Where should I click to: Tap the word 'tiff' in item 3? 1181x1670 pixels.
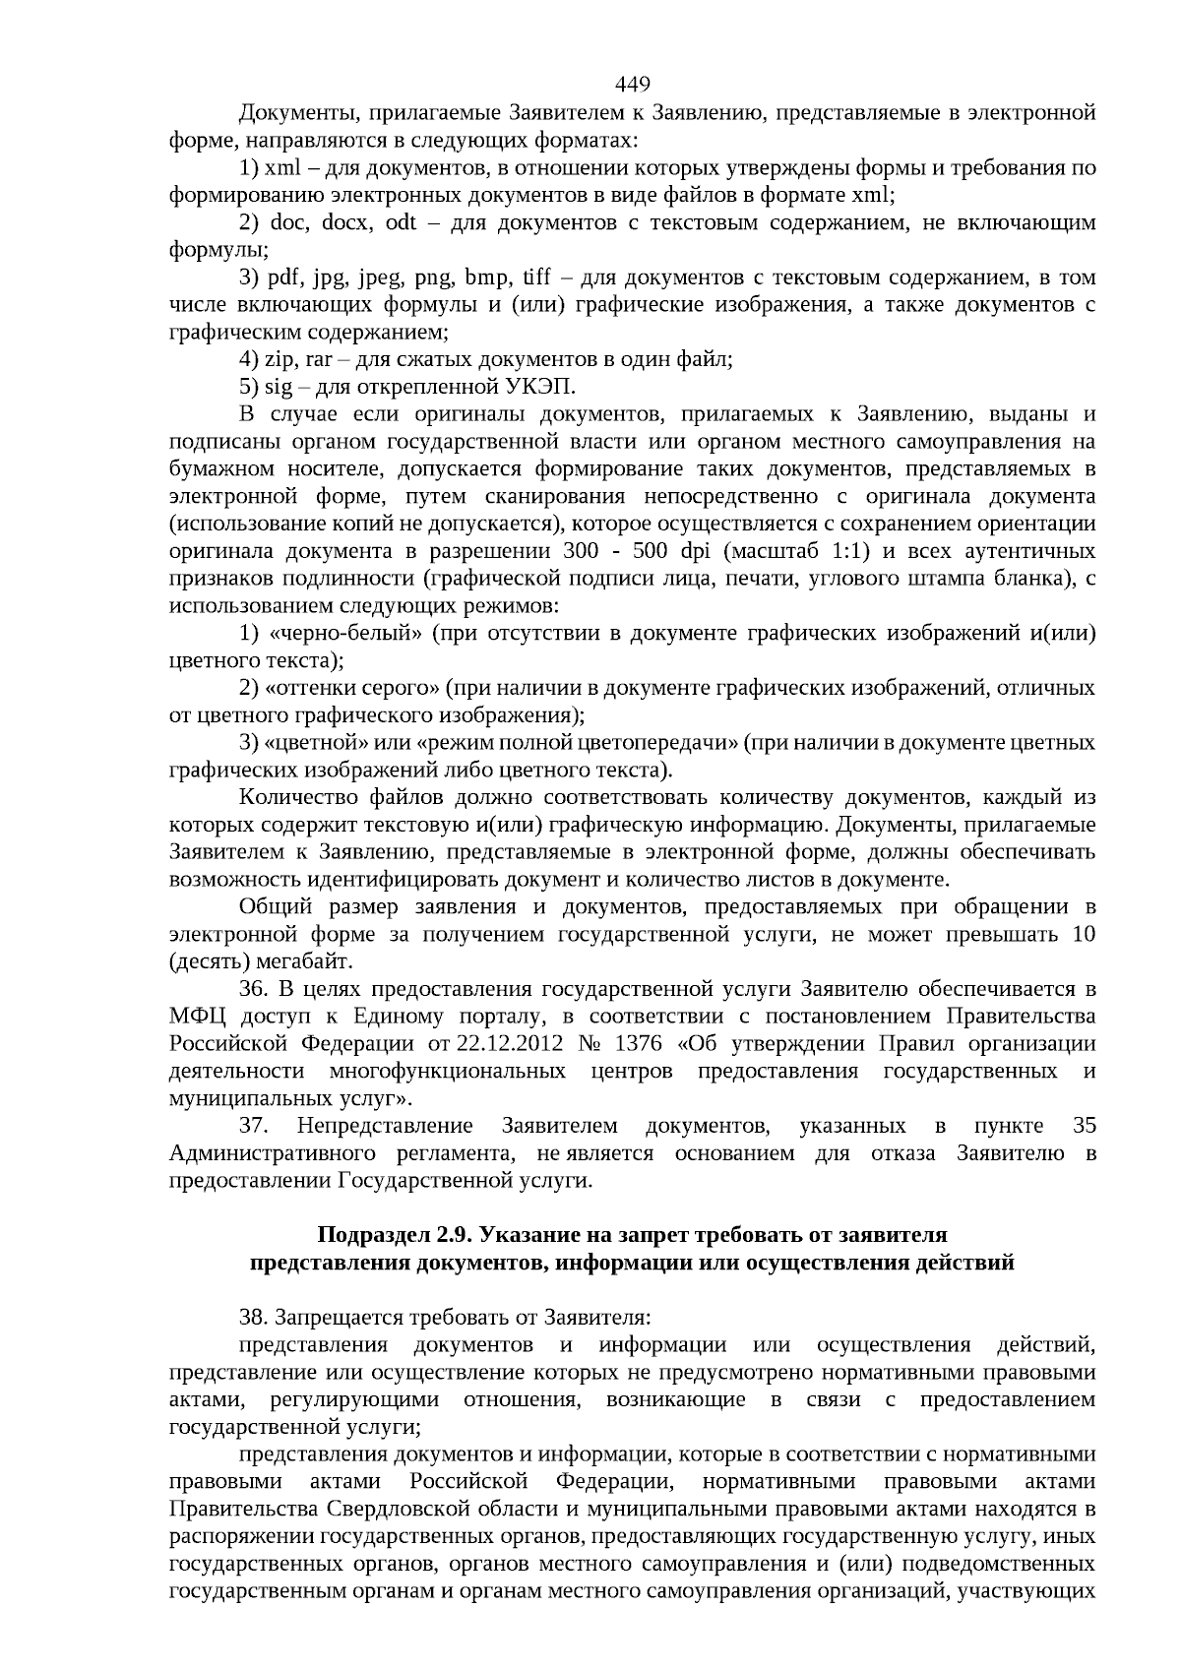click(x=536, y=278)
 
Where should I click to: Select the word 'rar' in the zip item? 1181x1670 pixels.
click(x=320, y=360)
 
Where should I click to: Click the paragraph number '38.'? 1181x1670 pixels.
click(x=253, y=1317)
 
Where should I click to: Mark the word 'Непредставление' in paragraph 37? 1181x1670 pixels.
click(x=385, y=1126)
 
